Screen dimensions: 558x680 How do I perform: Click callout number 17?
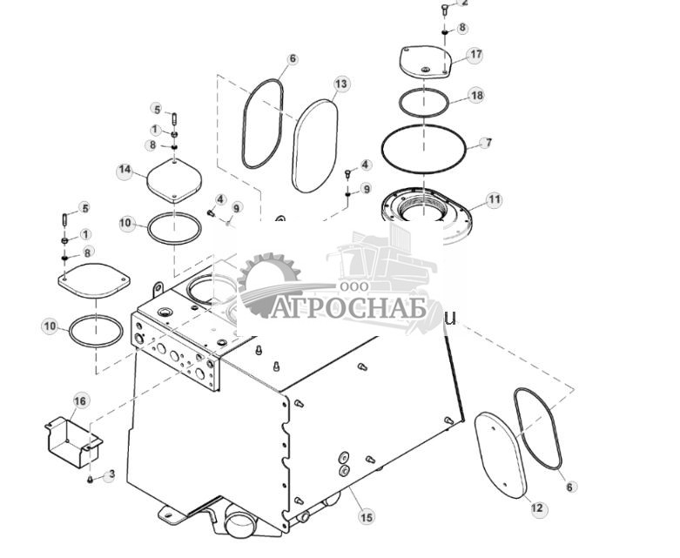(x=475, y=55)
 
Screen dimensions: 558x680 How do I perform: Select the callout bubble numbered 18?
(x=476, y=95)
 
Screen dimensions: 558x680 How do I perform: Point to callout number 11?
(x=494, y=199)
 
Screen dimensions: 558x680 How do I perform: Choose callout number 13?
(x=341, y=84)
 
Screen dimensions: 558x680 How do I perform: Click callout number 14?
(x=125, y=171)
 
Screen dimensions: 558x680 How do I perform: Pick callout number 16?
(x=80, y=400)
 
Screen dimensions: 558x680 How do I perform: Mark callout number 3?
(x=110, y=475)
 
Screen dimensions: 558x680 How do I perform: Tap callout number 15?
(x=367, y=517)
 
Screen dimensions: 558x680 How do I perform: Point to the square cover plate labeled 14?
(x=174, y=181)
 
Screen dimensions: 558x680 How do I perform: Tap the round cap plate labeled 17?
(x=424, y=61)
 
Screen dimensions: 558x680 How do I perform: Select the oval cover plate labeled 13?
(x=314, y=145)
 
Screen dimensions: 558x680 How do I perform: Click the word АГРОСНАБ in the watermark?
(x=349, y=308)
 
